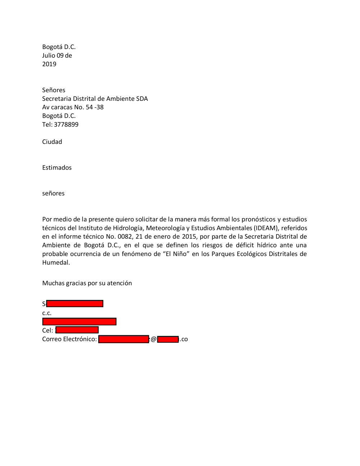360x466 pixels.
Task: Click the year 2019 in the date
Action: point(49,64)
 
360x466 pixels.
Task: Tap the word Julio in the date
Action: point(49,55)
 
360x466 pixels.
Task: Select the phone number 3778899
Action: point(66,125)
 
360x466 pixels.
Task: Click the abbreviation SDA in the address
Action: point(142,99)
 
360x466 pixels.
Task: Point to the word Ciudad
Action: point(52,142)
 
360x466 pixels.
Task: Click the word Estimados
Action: point(57,168)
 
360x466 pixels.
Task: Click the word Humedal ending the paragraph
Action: point(55,263)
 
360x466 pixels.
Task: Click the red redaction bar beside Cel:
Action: point(77,330)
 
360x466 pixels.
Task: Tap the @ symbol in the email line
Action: point(153,339)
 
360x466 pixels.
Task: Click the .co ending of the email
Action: point(184,339)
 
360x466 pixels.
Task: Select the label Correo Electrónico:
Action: point(69,339)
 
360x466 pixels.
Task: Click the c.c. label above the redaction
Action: point(47,313)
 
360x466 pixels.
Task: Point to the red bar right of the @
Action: point(168,339)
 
